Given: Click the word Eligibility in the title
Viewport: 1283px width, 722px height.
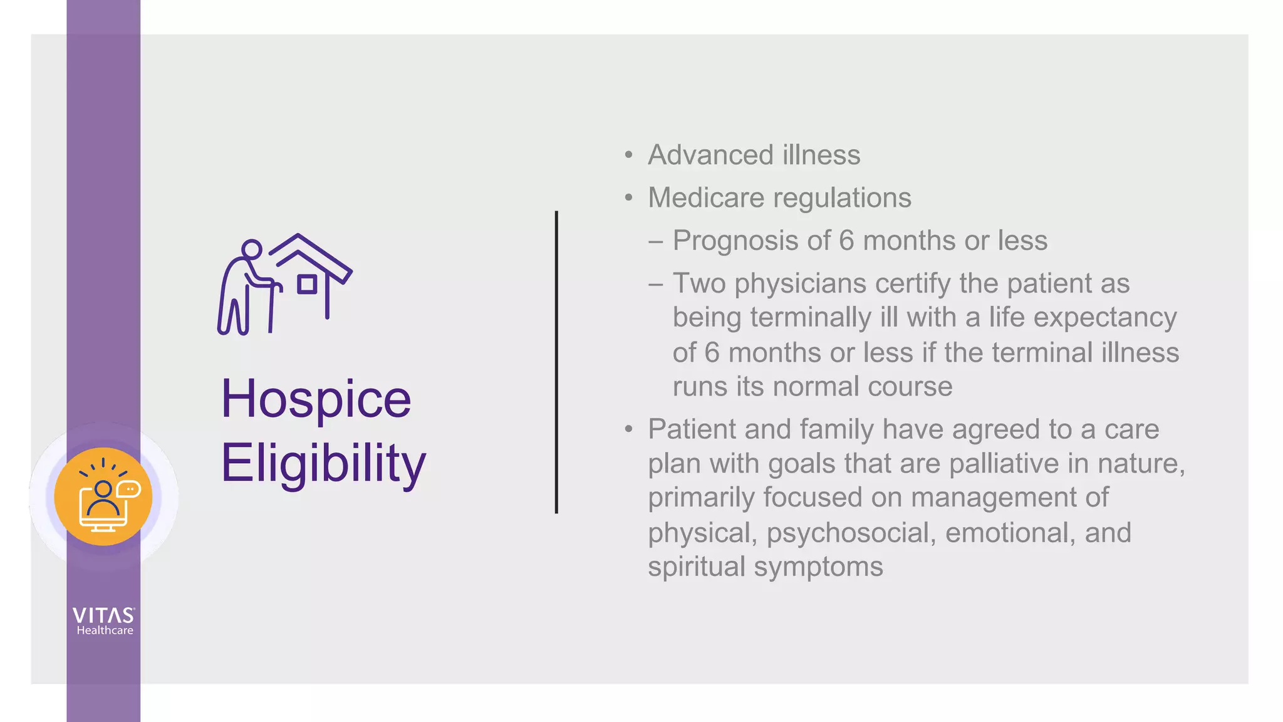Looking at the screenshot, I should click(323, 464).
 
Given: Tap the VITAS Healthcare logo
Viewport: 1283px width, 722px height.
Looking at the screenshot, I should click(103, 621).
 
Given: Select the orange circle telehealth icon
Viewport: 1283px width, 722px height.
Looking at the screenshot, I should click(103, 496).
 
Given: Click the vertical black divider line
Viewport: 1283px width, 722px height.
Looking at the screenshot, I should click(556, 362).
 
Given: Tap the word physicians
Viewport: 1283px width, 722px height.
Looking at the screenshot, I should click(801, 284).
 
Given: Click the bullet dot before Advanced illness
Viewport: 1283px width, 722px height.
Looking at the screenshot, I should click(629, 155).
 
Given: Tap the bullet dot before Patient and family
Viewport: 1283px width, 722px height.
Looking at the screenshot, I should click(629, 430).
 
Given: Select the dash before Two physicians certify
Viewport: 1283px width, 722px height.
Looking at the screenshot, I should click(656, 284).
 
